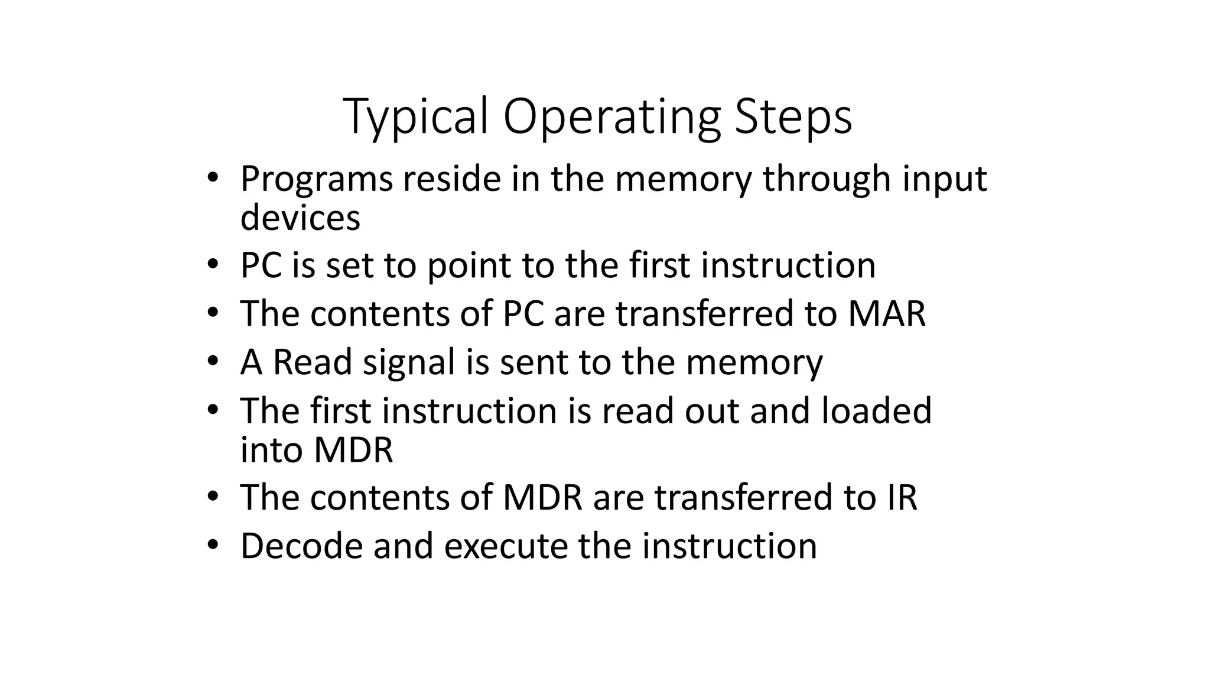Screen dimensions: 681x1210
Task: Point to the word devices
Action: click(x=300, y=218)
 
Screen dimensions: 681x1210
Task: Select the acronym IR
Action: click(x=902, y=498)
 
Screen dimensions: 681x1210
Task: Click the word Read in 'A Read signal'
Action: click(x=313, y=362)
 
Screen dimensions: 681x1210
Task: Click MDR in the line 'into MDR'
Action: click(x=353, y=450)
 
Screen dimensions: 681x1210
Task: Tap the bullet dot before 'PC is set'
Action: click(x=213, y=264)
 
